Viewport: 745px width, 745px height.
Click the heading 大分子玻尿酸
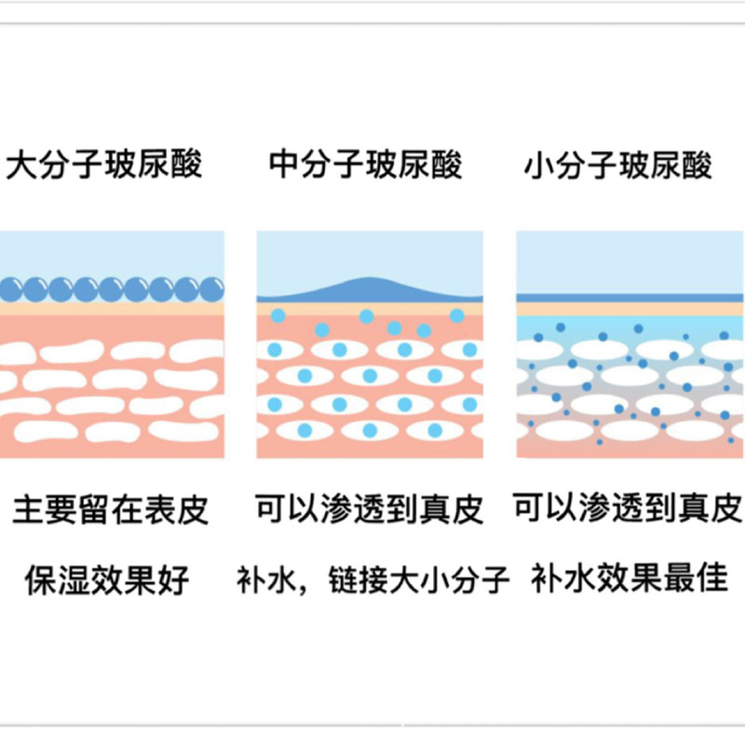(x=103, y=165)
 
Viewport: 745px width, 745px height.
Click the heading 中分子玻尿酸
(x=365, y=165)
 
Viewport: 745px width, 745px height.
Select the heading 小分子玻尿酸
(x=619, y=165)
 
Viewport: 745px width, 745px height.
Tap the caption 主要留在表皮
(x=111, y=510)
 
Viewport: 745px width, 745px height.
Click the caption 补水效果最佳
(x=628, y=578)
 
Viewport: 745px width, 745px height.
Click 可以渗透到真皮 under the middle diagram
(x=370, y=509)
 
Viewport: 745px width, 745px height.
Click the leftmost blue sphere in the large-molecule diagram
(x=11, y=289)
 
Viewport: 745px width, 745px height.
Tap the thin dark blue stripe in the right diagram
(x=630, y=297)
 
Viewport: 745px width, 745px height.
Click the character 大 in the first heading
(x=21, y=165)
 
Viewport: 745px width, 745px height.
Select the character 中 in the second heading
(x=284, y=165)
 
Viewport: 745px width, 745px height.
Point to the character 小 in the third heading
(x=538, y=165)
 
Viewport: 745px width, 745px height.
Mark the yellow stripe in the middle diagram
(x=370, y=308)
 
